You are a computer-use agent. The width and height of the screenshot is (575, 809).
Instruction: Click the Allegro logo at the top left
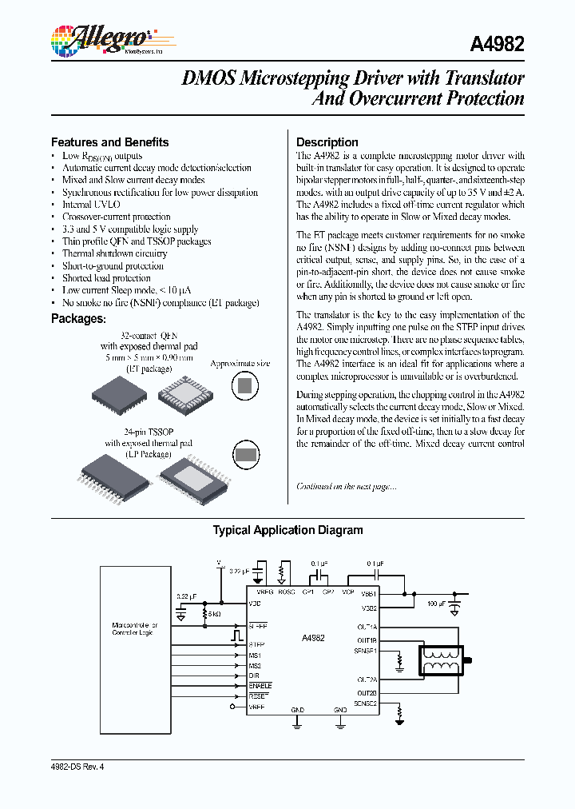[101, 39]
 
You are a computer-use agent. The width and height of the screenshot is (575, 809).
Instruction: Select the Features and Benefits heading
[109, 142]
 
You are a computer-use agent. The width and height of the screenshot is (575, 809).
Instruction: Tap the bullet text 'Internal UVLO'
[91, 205]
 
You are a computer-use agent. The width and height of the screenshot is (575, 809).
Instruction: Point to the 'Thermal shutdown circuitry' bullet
[114, 253]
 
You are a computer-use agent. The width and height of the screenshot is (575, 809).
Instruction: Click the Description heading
[327, 142]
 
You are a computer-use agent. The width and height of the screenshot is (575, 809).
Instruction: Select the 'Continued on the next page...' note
[346, 486]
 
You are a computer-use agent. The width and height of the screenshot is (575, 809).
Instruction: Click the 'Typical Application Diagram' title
[287, 530]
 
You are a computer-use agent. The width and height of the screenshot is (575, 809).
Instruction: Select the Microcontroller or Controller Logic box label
[135, 628]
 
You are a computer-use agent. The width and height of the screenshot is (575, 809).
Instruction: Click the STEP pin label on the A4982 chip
[256, 644]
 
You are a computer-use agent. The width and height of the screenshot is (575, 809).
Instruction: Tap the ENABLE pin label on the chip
[260, 685]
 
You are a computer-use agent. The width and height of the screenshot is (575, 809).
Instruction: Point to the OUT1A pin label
[367, 627]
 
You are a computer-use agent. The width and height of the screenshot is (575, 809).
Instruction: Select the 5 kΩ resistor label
[215, 614]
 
